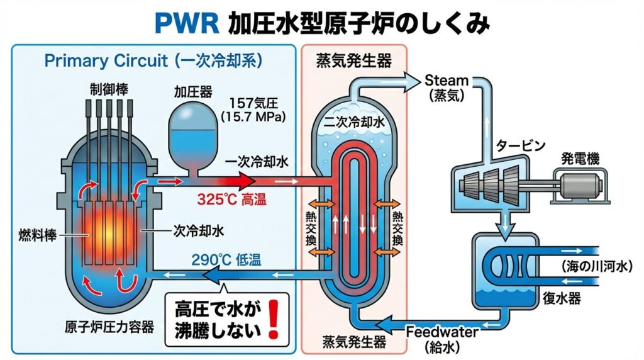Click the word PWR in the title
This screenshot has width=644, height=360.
(x=188, y=24)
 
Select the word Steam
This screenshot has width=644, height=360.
(x=447, y=81)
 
